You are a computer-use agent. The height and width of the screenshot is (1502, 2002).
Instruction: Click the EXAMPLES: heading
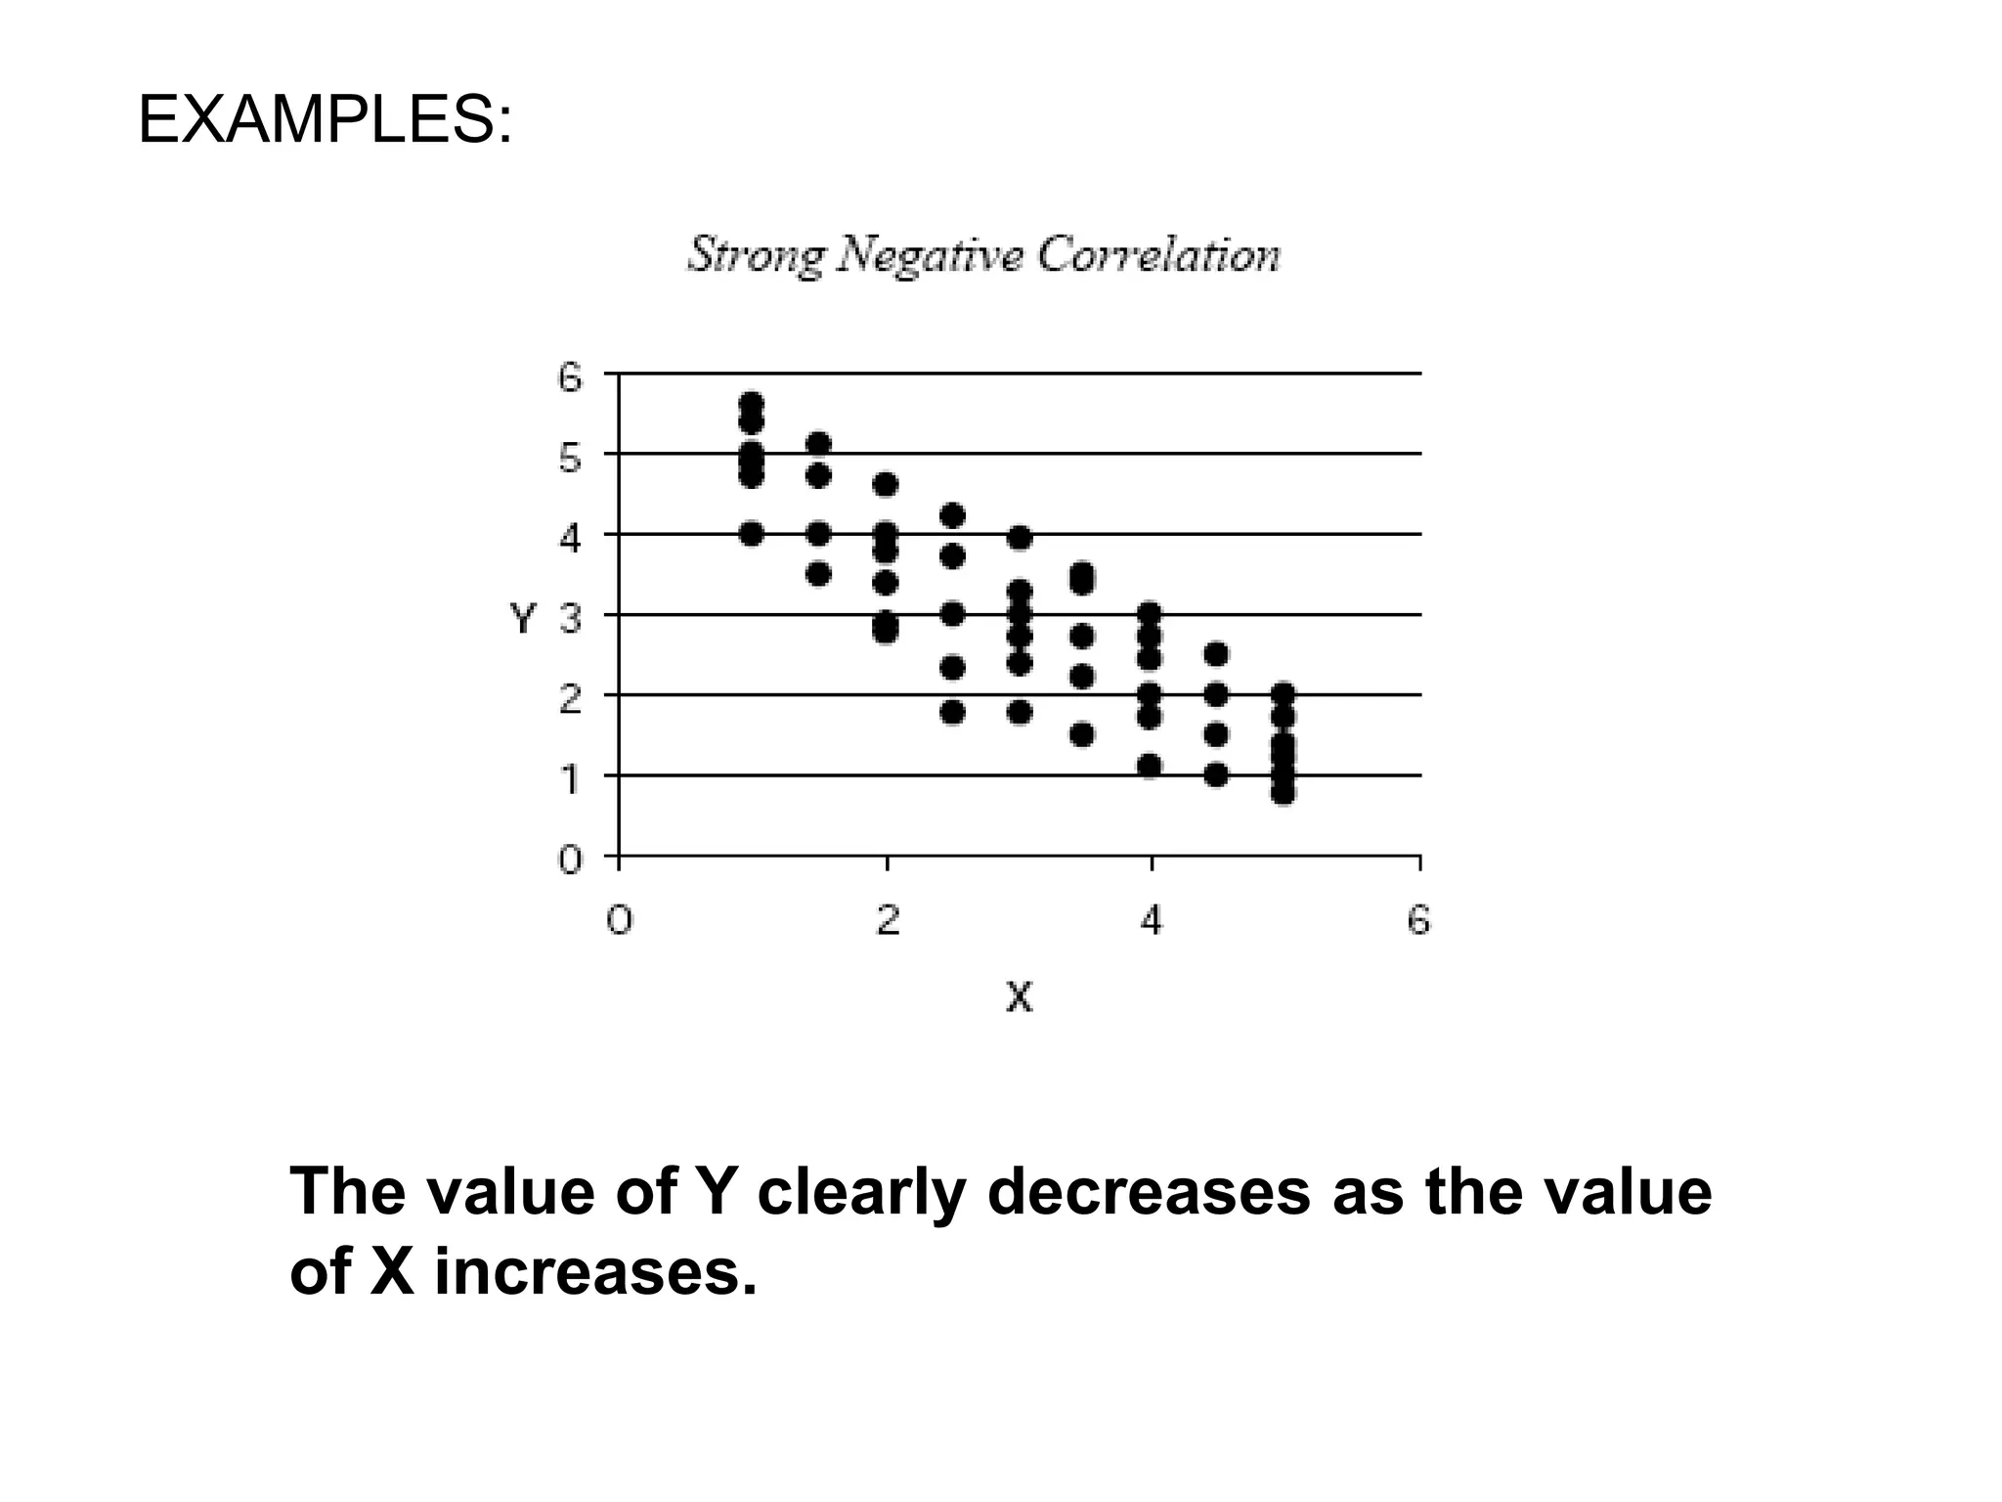pos(325,121)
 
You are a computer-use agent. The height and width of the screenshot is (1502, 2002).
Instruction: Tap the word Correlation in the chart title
pos(1158,254)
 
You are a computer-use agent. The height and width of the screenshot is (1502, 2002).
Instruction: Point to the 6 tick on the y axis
pos(570,376)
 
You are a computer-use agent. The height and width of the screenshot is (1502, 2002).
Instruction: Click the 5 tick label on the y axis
pos(570,458)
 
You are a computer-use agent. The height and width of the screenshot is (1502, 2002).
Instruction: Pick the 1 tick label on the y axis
pos(570,779)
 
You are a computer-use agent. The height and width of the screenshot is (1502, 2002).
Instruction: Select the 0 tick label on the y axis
pos(570,860)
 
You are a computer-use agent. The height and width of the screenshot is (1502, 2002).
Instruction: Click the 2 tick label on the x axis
pos(887,920)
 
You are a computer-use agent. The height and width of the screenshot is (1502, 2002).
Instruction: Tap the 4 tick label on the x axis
pos(1152,920)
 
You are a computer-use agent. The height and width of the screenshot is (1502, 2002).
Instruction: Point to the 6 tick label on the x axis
pos(1418,920)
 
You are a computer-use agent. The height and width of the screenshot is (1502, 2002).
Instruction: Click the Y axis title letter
pos(523,618)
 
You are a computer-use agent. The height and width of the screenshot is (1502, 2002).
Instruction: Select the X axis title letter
pos(1019,997)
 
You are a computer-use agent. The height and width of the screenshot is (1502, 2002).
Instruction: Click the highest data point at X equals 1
pos(752,403)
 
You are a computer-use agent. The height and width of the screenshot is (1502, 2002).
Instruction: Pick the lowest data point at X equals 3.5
pos(1082,734)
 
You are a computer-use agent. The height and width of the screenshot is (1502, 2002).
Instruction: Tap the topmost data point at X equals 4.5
pos(1216,653)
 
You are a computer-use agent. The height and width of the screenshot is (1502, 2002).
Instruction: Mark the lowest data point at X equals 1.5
pos(819,573)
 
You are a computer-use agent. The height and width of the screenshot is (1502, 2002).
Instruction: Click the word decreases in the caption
pos(1149,1192)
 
